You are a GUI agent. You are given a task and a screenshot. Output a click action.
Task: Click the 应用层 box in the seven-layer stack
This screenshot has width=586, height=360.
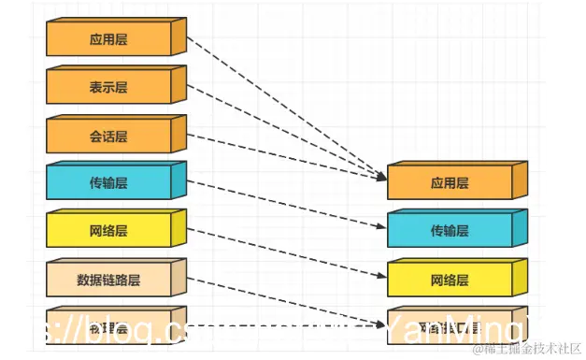pos(109,40)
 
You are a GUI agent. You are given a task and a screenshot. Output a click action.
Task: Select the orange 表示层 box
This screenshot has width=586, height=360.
pos(109,88)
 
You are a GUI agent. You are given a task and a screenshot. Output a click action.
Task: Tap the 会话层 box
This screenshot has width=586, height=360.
pos(109,137)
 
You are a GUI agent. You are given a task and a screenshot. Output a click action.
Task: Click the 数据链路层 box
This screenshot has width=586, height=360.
pos(109,280)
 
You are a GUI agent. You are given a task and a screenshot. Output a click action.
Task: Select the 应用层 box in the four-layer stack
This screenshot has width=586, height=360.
pos(450,183)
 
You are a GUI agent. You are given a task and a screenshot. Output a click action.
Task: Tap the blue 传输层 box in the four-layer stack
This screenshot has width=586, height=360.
pos(450,231)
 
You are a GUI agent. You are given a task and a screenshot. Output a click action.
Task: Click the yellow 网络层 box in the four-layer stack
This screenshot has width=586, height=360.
pos(450,280)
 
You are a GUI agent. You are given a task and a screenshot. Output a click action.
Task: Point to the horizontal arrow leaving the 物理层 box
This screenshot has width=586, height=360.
pos(280,326)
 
